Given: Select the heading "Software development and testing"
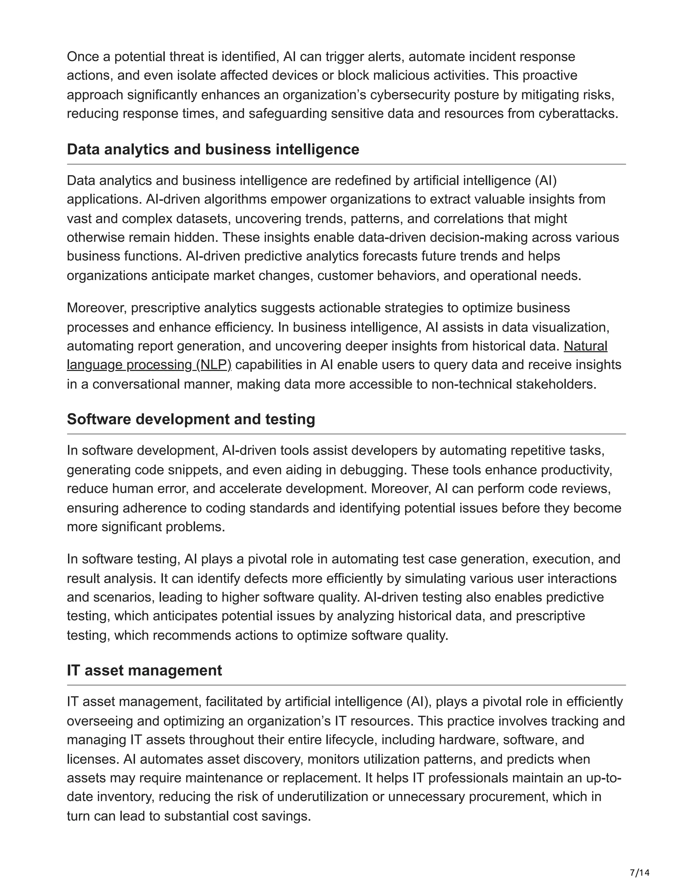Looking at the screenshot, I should pyautogui.click(x=191, y=419).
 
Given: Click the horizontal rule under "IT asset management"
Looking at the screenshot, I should pyautogui.click(x=346, y=685).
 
